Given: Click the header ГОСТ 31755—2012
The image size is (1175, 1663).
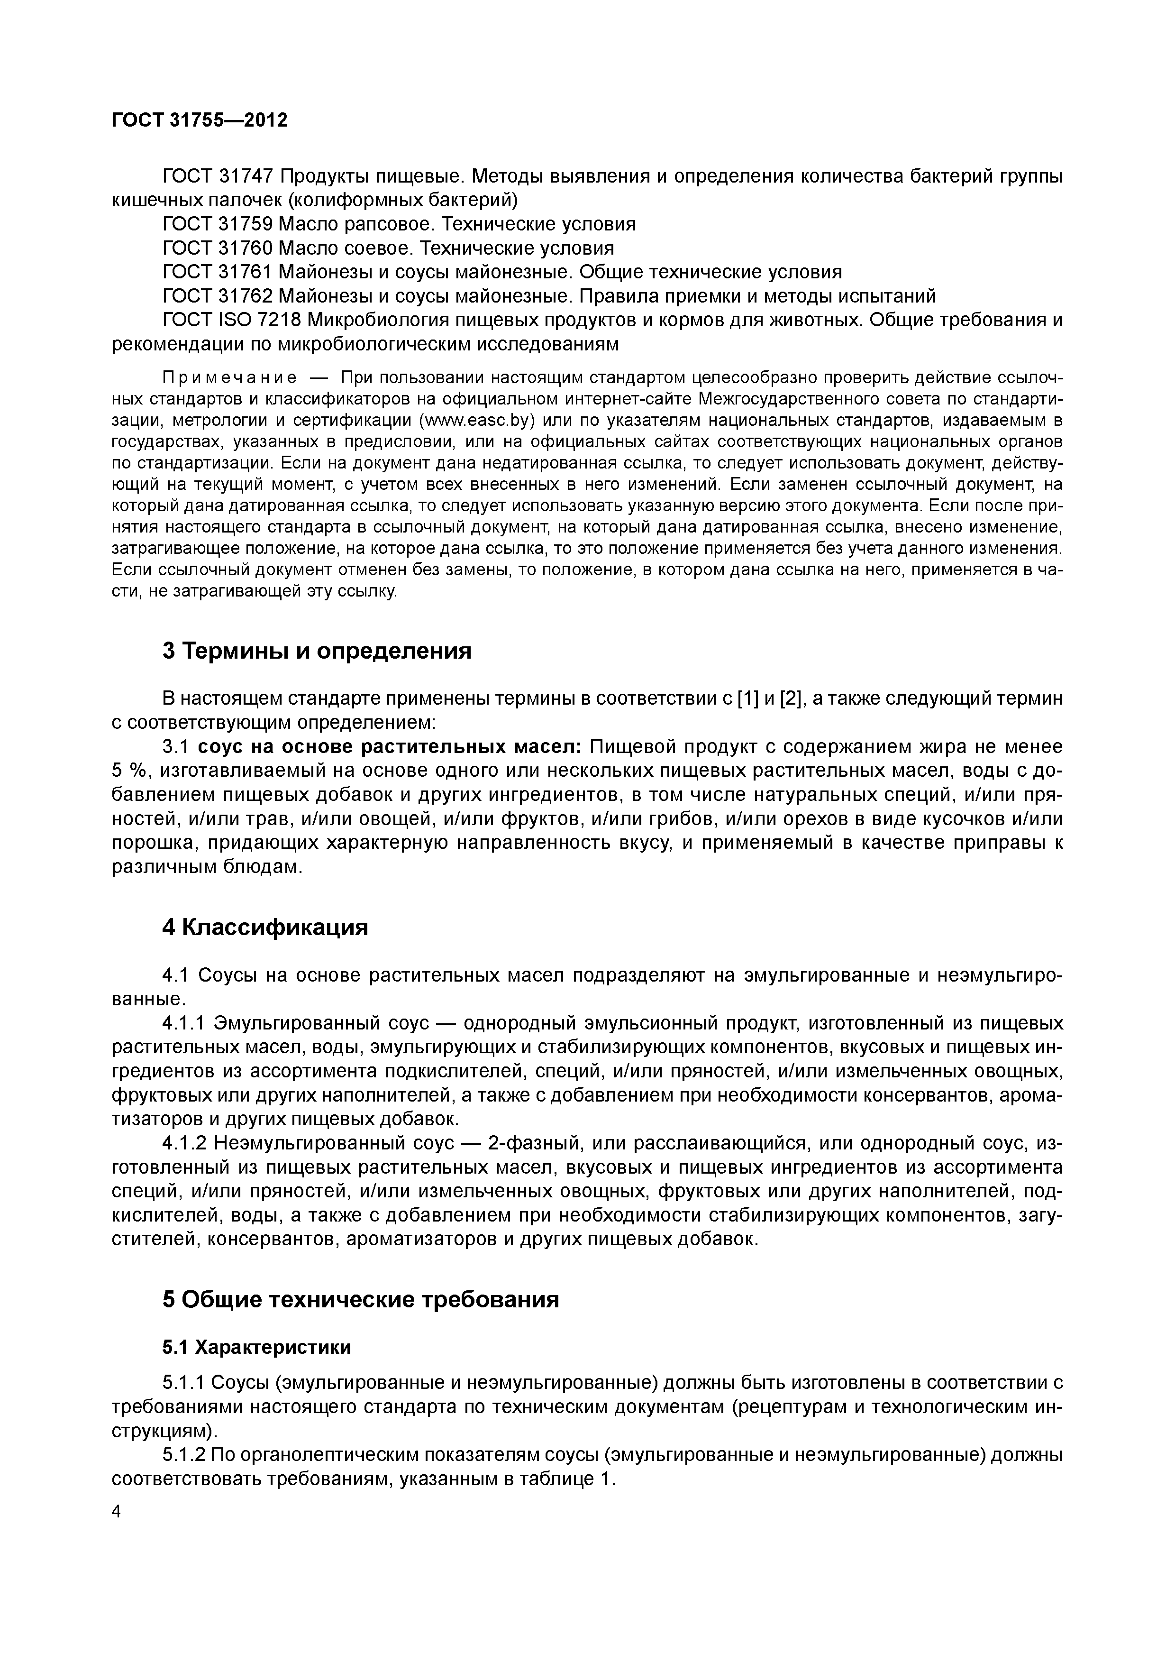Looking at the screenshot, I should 199,120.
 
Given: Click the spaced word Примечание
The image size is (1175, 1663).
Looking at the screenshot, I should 229,377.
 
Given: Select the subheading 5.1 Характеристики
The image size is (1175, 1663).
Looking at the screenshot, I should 256,1347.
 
